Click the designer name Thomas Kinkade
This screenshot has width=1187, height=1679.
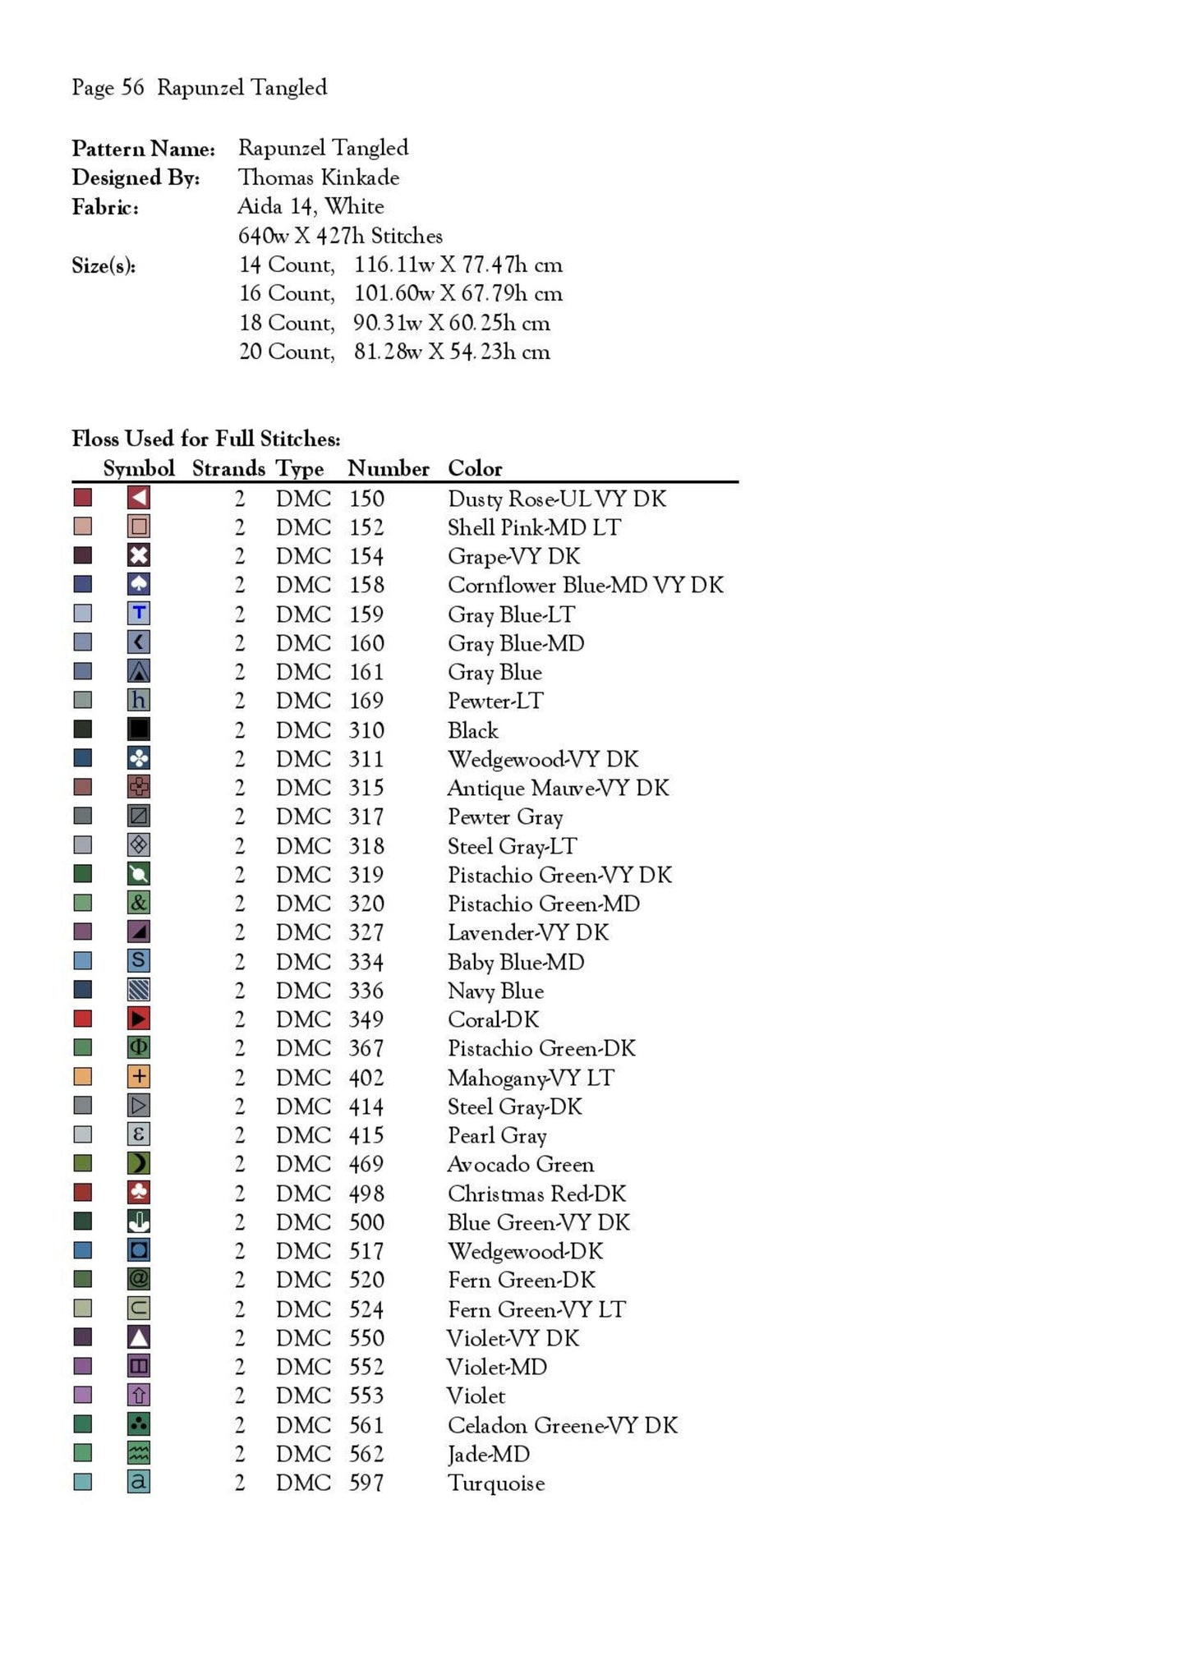319,177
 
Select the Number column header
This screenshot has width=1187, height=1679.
388,468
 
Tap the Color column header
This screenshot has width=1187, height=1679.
475,468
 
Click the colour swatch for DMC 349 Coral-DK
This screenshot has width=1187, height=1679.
83,1019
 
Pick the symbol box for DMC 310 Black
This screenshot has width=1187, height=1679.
139,729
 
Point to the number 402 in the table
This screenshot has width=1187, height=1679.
366,1077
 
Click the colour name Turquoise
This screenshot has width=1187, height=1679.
496,1483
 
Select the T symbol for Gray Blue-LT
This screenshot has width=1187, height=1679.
139,613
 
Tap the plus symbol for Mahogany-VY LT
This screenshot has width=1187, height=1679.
139,1076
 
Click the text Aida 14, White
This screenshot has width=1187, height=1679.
311,206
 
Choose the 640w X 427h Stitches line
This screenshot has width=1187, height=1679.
340,236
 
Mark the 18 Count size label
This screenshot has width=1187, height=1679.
287,323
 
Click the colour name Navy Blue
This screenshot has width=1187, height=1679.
495,991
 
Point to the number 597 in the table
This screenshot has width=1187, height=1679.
366,1483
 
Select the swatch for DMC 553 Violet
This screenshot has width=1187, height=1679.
83,1395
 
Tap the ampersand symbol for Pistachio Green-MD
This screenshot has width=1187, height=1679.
139,903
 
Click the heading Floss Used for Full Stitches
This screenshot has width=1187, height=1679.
206,439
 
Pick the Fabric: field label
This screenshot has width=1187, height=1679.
105,207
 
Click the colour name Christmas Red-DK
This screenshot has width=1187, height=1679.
536,1193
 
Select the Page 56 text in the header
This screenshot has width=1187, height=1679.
108,88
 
